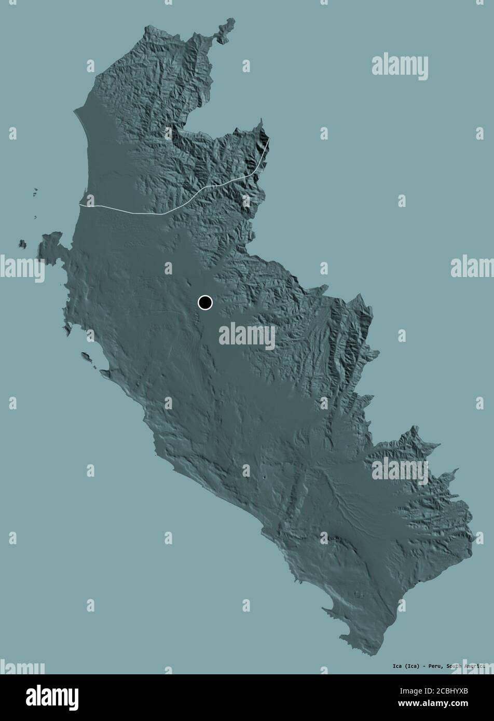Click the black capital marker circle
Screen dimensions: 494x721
point(205,302)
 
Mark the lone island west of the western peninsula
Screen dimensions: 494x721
point(22,243)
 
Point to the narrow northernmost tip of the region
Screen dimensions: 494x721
point(228,23)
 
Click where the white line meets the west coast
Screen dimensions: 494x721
point(81,206)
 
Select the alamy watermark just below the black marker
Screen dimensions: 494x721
point(247,336)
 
